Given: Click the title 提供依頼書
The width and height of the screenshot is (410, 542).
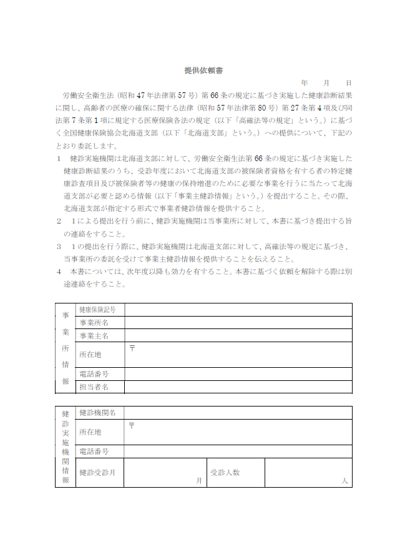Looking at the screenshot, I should click(x=204, y=71).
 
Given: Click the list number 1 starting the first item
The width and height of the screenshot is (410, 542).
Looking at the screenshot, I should click(x=58, y=158).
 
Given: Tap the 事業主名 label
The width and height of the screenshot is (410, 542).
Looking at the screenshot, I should click(x=94, y=336).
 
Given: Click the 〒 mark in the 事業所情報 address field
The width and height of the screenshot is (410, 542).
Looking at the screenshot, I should click(x=132, y=347).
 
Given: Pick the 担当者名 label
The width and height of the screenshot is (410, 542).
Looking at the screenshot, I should click(x=94, y=387).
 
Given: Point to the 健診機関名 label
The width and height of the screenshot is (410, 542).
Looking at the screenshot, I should click(x=97, y=413).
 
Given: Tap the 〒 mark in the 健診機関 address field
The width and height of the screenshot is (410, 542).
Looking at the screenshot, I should click(x=132, y=425).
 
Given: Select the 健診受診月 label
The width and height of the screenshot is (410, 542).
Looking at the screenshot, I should click(x=97, y=473).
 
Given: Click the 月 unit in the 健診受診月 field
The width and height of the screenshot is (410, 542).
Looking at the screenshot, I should click(x=199, y=481).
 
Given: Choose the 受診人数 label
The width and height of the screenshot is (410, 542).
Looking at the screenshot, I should click(x=225, y=473).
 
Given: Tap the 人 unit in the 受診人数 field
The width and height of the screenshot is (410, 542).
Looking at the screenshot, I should click(x=344, y=481).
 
